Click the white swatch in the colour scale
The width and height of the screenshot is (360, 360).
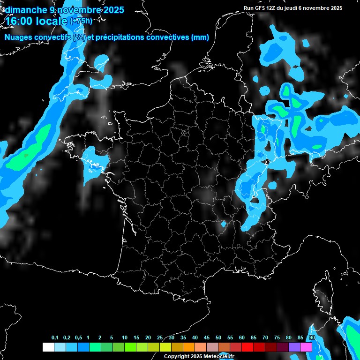(48, 347)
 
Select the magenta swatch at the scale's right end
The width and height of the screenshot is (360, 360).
(306, 347)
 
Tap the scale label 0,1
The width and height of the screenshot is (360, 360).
(55, 338)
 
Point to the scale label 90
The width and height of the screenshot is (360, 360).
(312, 338)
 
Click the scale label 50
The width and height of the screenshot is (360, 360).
(218, 338)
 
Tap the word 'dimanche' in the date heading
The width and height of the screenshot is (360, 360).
(26, 10)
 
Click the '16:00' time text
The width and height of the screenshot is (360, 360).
(18, 22)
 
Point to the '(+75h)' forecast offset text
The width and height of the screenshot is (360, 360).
(81, 21)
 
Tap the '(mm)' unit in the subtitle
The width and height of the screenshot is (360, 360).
(200, 37)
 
